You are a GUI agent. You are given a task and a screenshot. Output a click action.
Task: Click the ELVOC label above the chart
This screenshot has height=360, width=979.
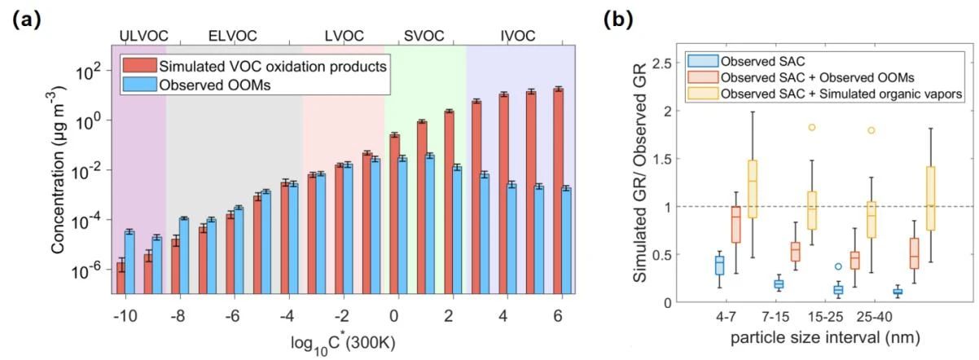click(x=232, y=35)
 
